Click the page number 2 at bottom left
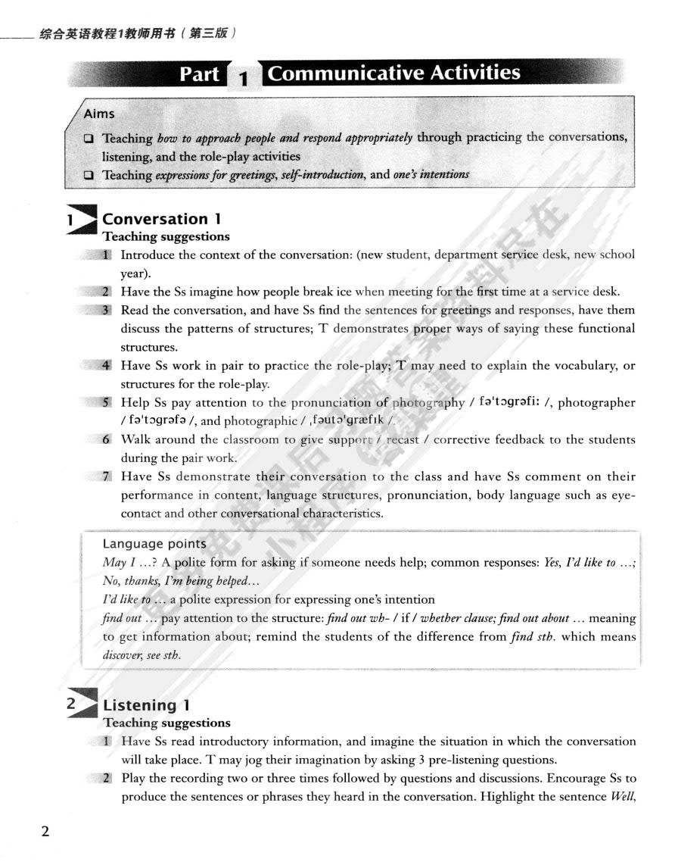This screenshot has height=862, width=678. (x=45, y=832)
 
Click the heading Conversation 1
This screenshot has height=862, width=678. (x=161, y=219)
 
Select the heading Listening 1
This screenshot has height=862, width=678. (x=147, y=706)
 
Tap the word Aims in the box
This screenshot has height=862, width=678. (x=99, y=114)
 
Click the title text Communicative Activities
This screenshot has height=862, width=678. (x=394, y=73)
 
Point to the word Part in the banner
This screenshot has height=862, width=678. (x=200, y=74)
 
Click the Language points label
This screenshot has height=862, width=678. (x=154, y=544)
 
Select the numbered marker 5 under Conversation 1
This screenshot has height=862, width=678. (x=107, y=403)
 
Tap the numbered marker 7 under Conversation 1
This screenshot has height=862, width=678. (x=107, y=476)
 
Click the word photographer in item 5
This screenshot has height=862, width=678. (x=596, y=403)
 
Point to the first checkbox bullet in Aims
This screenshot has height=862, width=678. (x=89, y=139)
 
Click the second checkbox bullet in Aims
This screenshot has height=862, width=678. (x=89, y=175)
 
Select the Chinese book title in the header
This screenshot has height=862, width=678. (x=135, y=33)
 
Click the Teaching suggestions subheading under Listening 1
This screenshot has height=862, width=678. (x=166, y=723)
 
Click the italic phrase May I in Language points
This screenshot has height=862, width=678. (x=115, y=564)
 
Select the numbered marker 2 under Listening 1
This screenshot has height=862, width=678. (x=107, y=778)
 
